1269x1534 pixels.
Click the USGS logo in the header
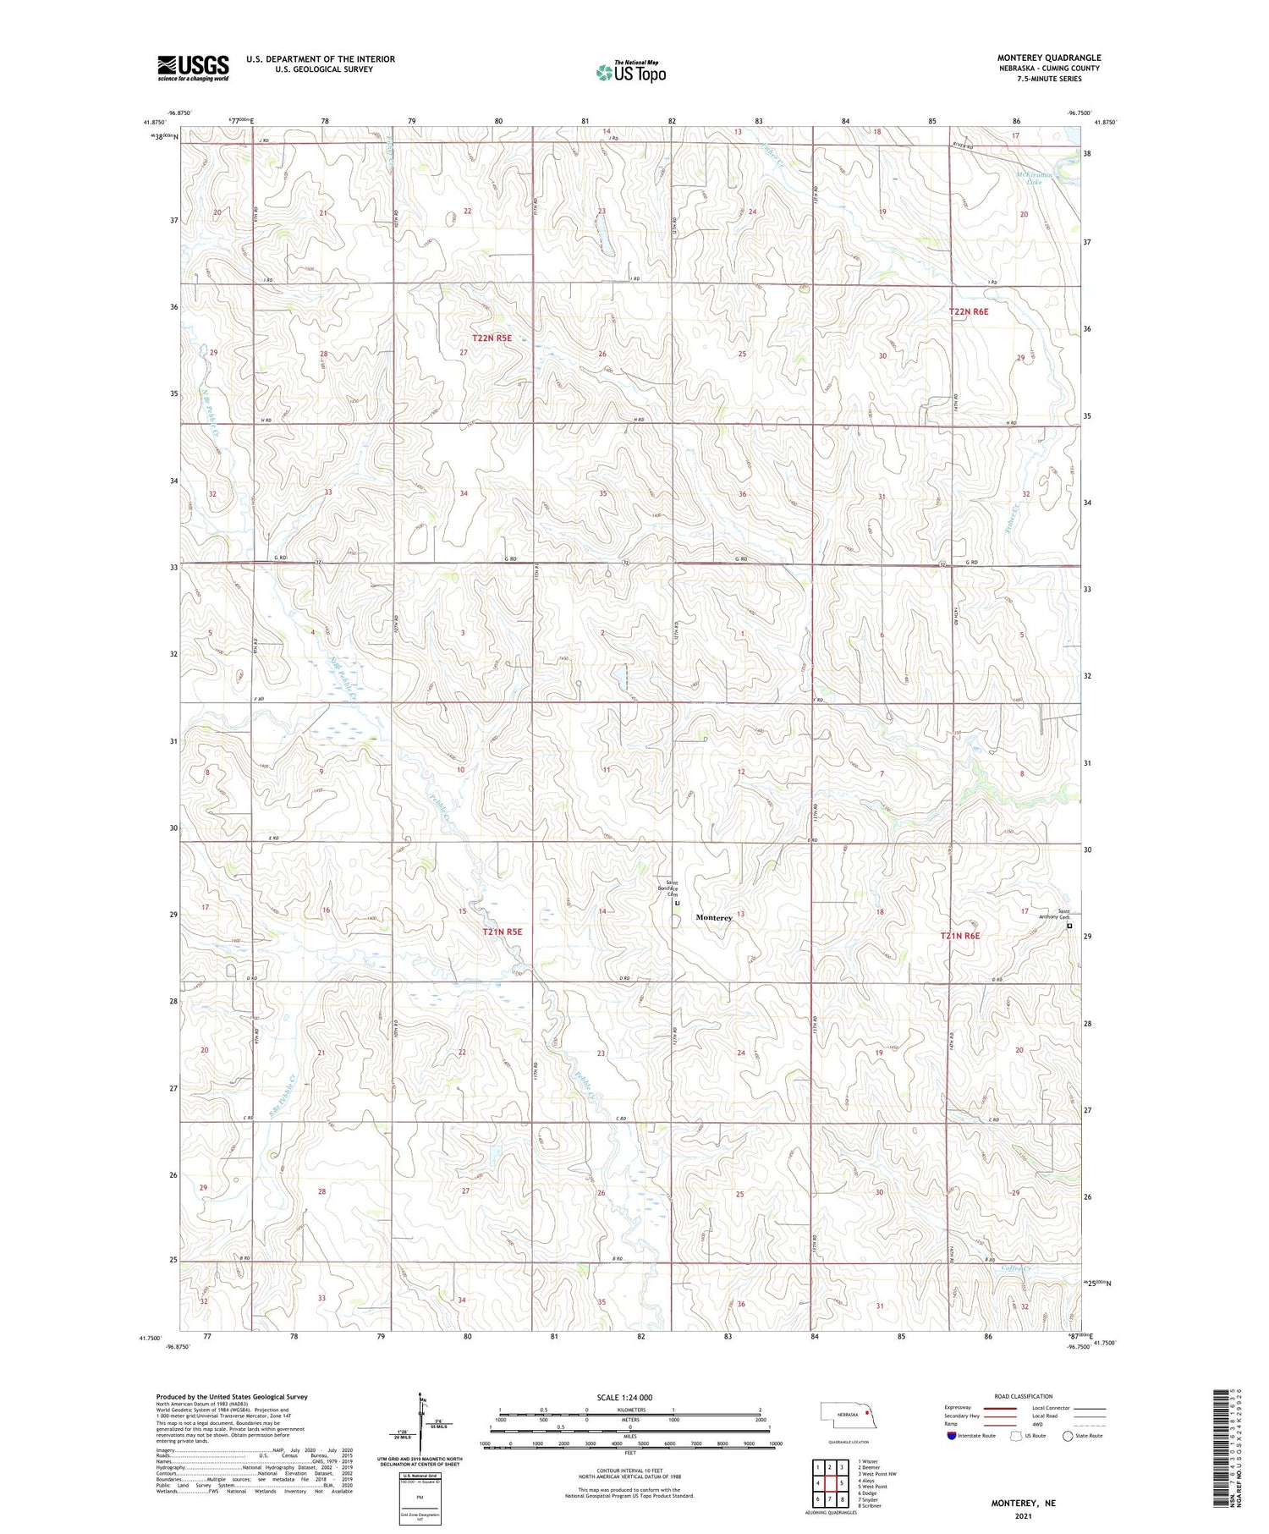click(193, 68)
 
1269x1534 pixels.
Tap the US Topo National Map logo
click(630, 73)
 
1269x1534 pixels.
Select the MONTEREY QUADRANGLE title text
click(1048, 58)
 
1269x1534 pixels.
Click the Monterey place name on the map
click(713, 917)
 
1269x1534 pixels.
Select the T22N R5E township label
click(492, 338)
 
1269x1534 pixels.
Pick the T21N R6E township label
click(960, 936)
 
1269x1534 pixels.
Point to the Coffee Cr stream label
click(1016, 1268)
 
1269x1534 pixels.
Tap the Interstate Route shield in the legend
click(952, 1436)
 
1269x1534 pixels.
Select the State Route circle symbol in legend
click(1068, 1436)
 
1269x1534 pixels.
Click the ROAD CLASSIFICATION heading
click(1024, 1396)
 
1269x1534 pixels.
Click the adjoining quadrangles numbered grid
click(829, 1482)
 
